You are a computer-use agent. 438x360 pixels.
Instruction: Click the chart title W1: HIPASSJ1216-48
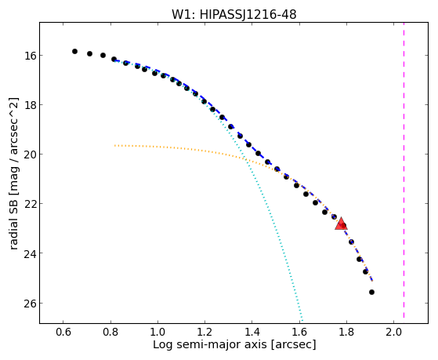tap(233, 14)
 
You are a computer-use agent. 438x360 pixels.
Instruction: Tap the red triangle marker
tap(341, 224)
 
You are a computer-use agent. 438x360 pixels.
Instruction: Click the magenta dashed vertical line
tap(404, 170)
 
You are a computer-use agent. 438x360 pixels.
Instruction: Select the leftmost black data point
tap(74, 51)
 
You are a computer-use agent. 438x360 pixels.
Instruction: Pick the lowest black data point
tap(371, 292)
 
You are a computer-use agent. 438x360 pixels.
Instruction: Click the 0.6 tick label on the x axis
tap(63, 332)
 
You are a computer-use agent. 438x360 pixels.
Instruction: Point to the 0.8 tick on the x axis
tap(110, 332)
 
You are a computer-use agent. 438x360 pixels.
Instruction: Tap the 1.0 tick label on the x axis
tap(157, 332)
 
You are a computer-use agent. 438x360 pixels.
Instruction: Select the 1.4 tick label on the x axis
tap(252, 332)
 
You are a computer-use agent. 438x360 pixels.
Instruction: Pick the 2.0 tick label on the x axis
tap(393, 332)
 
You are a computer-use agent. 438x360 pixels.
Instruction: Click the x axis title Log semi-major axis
tap(210, 344)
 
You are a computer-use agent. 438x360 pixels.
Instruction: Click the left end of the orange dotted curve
tap(115, 145)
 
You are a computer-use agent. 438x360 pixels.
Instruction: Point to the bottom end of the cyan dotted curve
tap(302, 320)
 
